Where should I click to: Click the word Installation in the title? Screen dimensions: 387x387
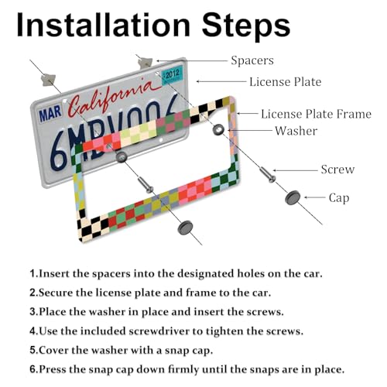(x=104, y=25)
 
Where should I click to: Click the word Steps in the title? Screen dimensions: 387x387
(x=246, y=27)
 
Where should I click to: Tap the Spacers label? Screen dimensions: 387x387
(x=252, y=60)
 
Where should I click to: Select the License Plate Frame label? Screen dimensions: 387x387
(x=316, y=114)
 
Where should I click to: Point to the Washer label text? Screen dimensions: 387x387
(x=296, y=131)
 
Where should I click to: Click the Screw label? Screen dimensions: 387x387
(x=337, y=170)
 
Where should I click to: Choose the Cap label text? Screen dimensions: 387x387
(x=339, y=198)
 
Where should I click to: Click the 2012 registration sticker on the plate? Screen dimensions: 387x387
(x=172, y=75)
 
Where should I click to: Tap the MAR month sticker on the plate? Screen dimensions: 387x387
(x=50, y=114)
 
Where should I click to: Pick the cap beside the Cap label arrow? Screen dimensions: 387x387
(x=293, y=197)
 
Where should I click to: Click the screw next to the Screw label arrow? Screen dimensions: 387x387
(x=268, y=174)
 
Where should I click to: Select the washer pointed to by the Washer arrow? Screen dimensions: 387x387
(x=218, y=128)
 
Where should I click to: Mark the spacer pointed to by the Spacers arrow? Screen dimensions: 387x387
(x=145, y=63)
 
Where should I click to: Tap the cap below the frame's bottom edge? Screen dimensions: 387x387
(x=185, y=228)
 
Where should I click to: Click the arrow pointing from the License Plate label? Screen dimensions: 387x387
(x=221, y=81)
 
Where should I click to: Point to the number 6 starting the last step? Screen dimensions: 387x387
(x=33, y=369)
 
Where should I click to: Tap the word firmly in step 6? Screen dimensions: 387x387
(x=183, y=370)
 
